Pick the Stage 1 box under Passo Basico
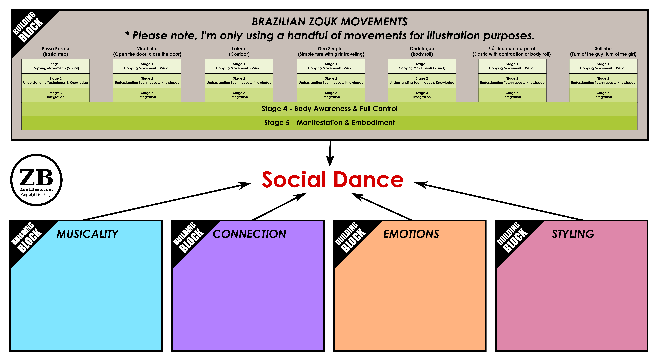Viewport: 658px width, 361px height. click(56, 66)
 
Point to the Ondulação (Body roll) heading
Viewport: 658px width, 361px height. click(422, 51)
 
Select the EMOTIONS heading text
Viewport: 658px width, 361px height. click(411, 234)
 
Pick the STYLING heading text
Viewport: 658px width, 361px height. click(573, 234)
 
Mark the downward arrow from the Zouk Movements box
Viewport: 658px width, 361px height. click(330, 153)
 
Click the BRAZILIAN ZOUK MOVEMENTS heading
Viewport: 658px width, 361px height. click(329, 22)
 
